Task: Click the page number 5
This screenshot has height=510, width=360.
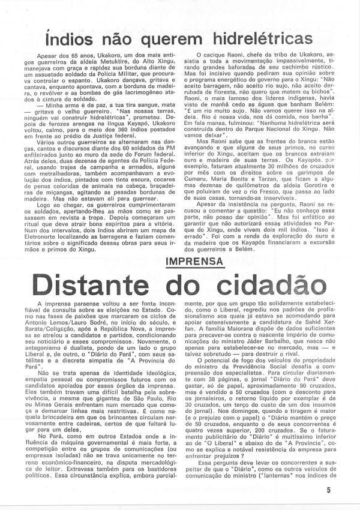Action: click(346, 490)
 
